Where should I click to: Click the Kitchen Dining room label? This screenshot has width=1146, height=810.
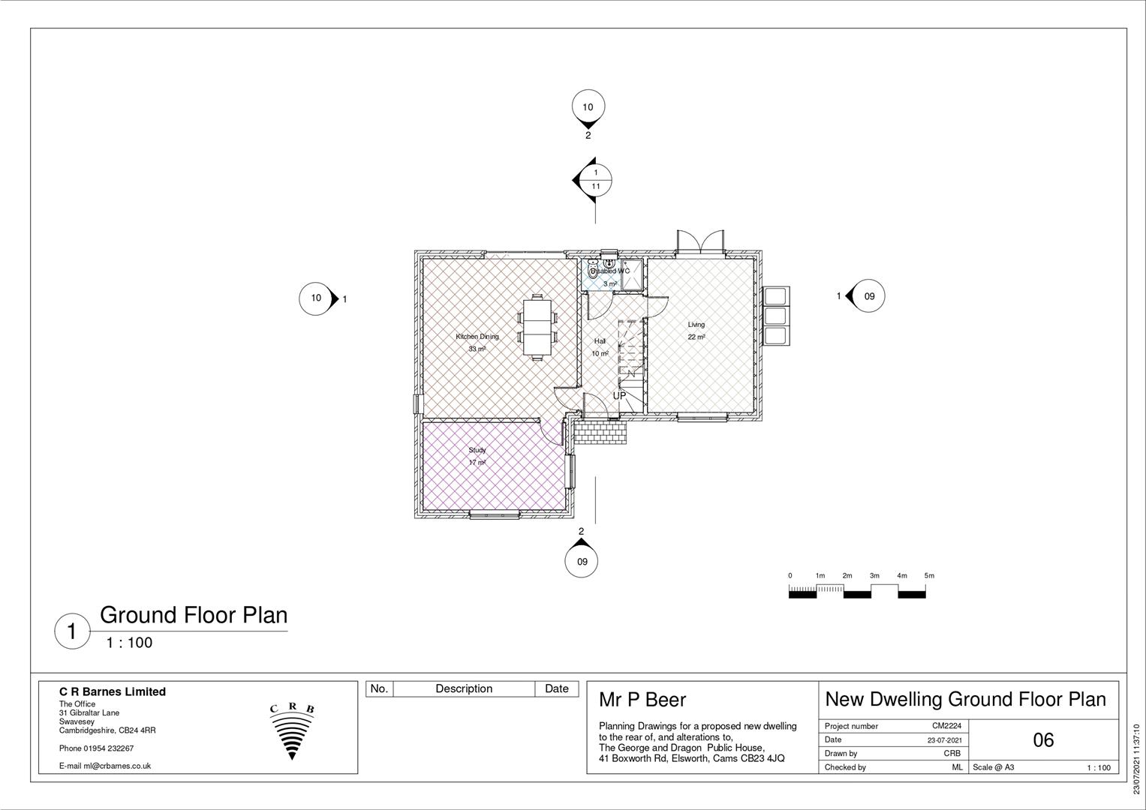click(x=477, y=337)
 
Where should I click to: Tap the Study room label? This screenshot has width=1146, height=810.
click(x=477, y=450)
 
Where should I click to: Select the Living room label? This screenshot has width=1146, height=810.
click(x=696, y=325)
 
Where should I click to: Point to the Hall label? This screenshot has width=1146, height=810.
click(x=600, y=341)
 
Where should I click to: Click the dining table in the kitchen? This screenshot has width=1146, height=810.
click(x=537, y=328)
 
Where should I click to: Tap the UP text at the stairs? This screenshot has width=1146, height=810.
click(x=619, y=395)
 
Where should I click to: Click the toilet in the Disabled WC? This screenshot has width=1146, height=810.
click(x=593, y=271)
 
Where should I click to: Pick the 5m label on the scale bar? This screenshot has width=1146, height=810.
click(x=929, y=576)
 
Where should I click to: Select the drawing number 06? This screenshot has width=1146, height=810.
click(x=1043, y=740)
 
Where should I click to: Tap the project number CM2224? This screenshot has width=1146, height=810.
click(x=946, y=726)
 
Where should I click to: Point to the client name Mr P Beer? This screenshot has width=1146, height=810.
click(x=642, y=700)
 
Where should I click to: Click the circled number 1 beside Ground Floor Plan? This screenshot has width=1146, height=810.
click(x=72, y=631)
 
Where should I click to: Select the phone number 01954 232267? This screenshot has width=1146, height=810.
click(x=97, y=748)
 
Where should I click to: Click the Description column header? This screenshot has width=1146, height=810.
click(x=464, y=688)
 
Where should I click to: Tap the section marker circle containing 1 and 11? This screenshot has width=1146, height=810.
click(x=596, y=179)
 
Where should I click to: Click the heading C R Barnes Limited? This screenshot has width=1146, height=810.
click(x=113, y=691)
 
